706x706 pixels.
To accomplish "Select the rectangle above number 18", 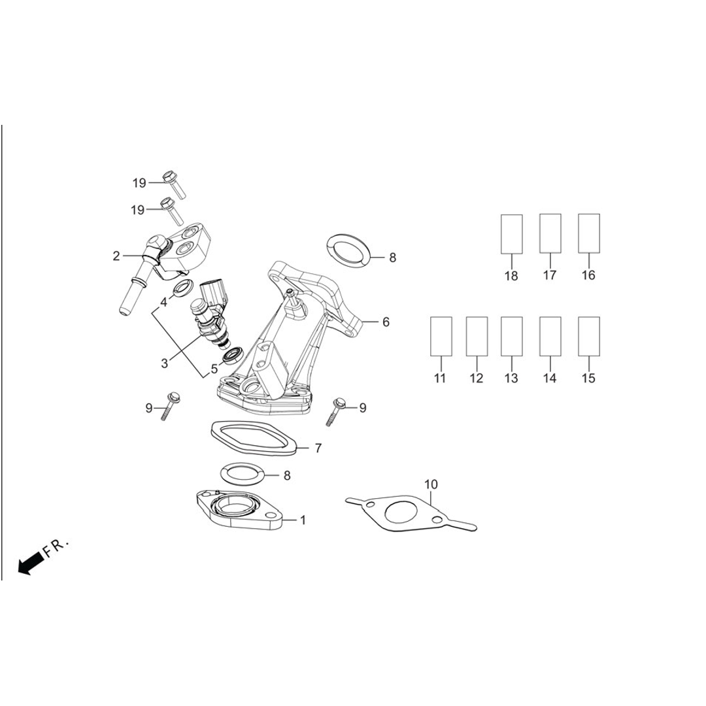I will click(512, 234).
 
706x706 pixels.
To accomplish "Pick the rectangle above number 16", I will click(589, 233).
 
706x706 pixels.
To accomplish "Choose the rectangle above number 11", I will click(441, 336).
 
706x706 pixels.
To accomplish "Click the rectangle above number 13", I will click(511, 336).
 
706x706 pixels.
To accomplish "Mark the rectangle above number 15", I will click(589, 336).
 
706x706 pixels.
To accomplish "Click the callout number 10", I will click(431, 484).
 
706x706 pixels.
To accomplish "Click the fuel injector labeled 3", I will click(210, 317).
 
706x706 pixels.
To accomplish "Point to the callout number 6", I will click(386, 322).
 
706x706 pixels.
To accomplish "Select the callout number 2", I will click(116, 256).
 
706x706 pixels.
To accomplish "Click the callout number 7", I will click(318, 448).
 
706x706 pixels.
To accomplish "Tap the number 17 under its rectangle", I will click(550, 275).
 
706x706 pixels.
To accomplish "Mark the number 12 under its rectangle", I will click(476, 378).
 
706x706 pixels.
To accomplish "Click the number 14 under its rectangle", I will click(550, 378).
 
